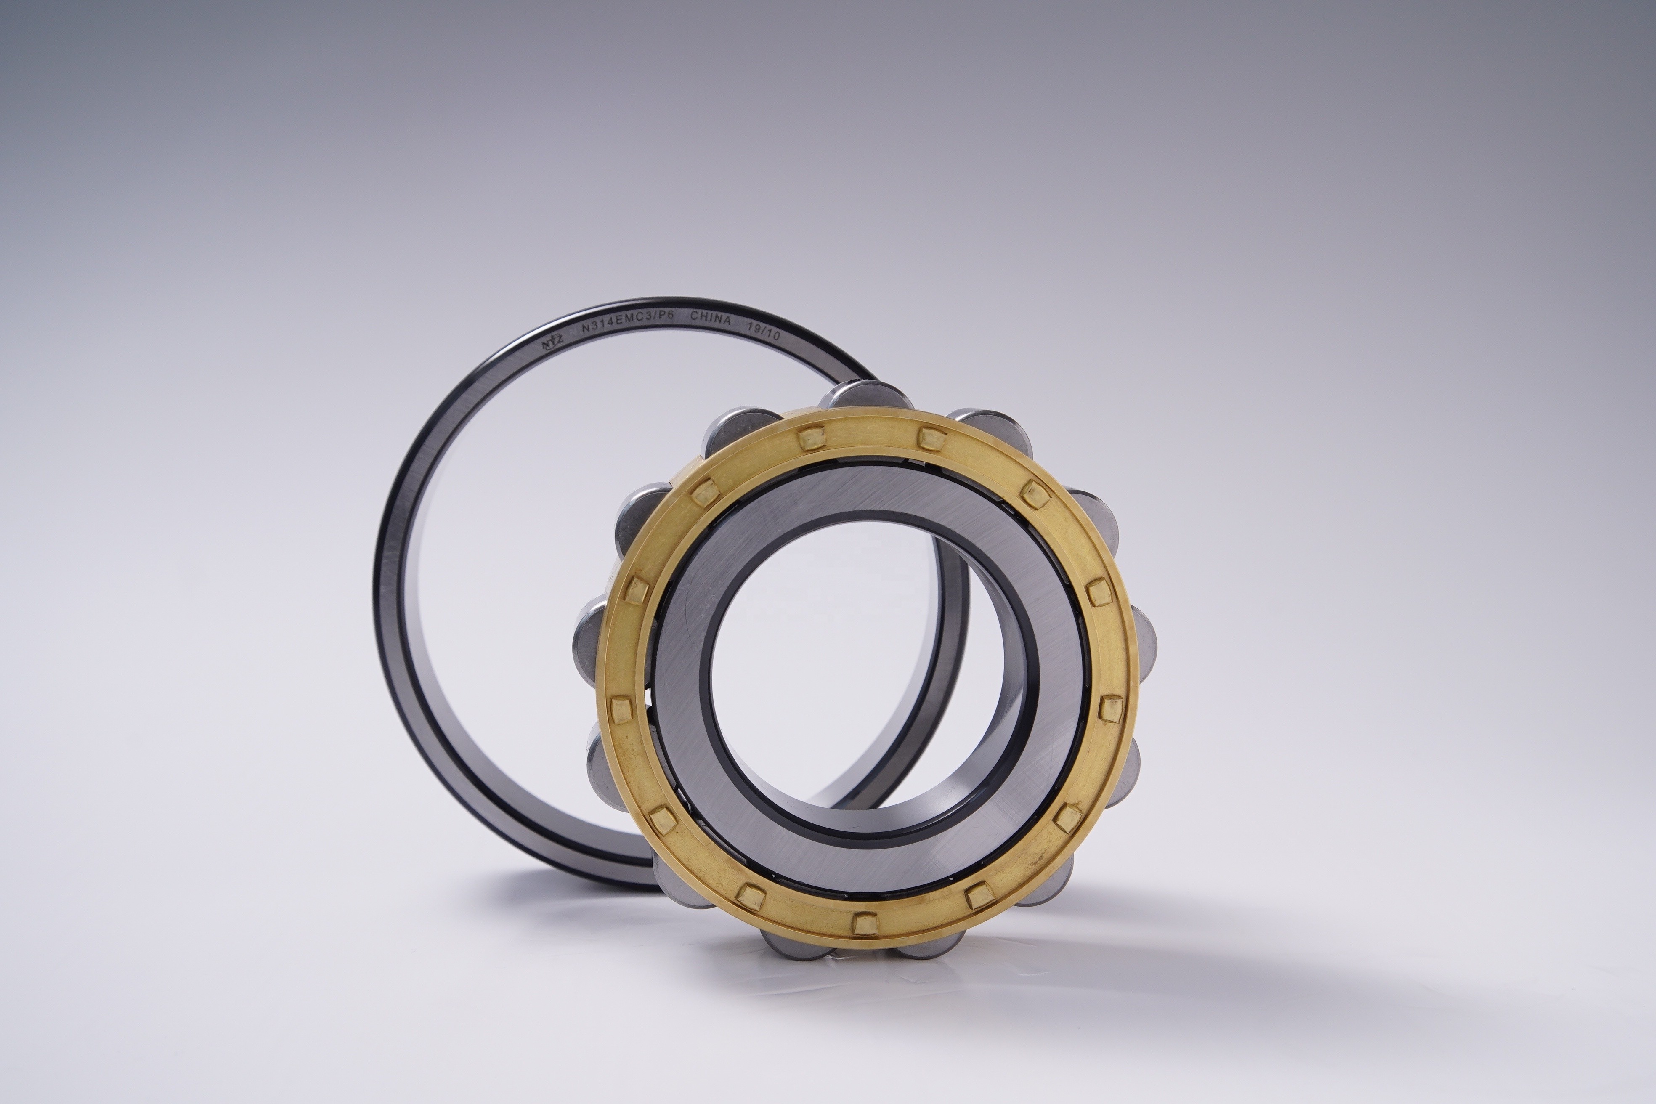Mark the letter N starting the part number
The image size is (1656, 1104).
click(x=586, y=329)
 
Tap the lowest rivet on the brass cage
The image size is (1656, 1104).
click(x=864, y=922)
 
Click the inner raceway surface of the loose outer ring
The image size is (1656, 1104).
click(x=437, y=634)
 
